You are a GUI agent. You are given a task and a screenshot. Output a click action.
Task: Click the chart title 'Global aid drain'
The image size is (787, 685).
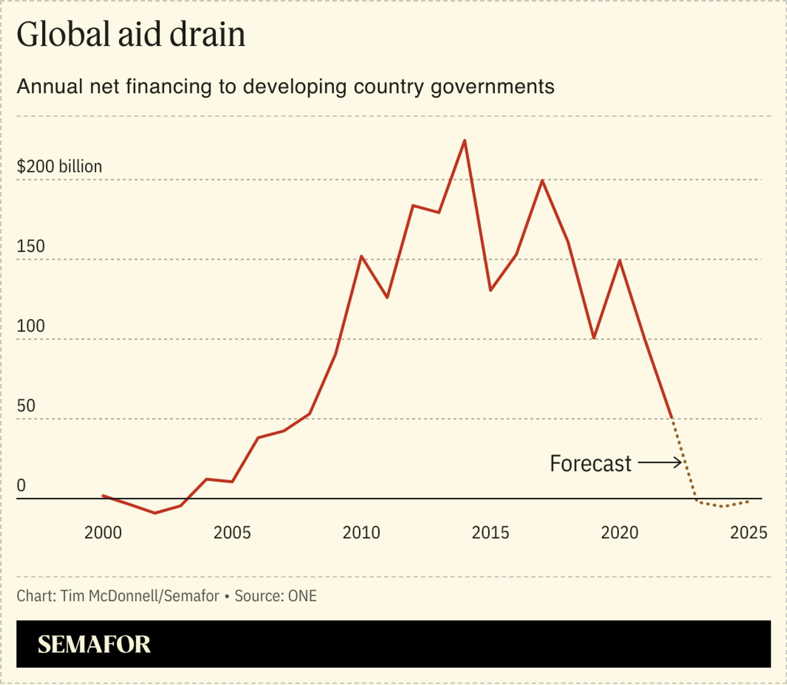coord(131,34)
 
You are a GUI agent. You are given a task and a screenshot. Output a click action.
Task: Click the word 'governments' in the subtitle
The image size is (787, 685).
coord(492,87)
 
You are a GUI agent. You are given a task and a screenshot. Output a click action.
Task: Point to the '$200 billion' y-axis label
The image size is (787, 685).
coord(59,167)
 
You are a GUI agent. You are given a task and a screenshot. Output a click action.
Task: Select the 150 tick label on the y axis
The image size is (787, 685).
coord(31,246)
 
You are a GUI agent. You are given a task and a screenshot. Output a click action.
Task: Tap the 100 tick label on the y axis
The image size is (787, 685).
coord(31,326)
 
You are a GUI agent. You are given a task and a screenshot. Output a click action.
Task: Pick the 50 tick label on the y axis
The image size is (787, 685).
coord(26,406)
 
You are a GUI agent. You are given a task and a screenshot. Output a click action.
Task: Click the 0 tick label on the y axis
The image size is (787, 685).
coord(21,485)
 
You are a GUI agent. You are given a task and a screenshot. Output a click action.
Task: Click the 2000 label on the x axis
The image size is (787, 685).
coord(103,533)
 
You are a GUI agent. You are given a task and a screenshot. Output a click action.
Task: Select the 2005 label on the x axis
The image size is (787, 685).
coord(232,533)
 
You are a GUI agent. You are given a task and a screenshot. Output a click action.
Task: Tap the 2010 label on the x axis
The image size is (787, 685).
coord(361,533)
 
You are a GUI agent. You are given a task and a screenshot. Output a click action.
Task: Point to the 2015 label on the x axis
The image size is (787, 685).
coord(490,533)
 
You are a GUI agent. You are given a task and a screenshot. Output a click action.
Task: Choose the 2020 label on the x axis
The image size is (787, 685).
coord(619,533)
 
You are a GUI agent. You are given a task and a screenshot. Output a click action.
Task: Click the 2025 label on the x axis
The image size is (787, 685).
coord(748,533)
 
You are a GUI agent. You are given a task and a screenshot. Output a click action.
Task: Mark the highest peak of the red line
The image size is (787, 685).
coord(464,141)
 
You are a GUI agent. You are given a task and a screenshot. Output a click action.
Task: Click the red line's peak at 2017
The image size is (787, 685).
coord(542,181)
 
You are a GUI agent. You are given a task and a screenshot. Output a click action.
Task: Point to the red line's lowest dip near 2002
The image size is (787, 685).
coord(155,513)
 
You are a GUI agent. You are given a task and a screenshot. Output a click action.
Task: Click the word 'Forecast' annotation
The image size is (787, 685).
coord(590,464)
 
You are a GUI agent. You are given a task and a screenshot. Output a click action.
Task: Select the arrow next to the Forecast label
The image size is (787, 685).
coord(660,463)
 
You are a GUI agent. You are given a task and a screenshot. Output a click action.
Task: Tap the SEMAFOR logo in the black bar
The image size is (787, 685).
coord(94,644)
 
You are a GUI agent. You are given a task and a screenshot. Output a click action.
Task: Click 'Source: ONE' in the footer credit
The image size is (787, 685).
coord(275,596)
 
